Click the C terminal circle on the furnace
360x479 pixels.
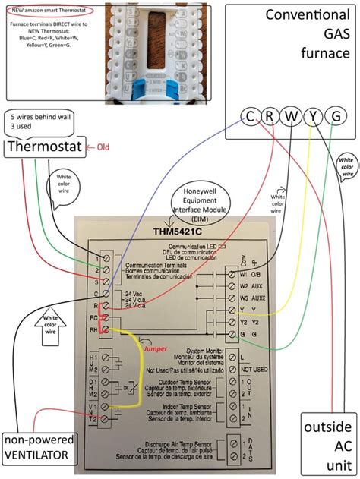point(248,116)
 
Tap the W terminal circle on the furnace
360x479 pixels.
point(290,116)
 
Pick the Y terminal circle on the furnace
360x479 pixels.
point(312,116)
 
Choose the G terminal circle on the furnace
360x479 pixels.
point(334,116)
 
